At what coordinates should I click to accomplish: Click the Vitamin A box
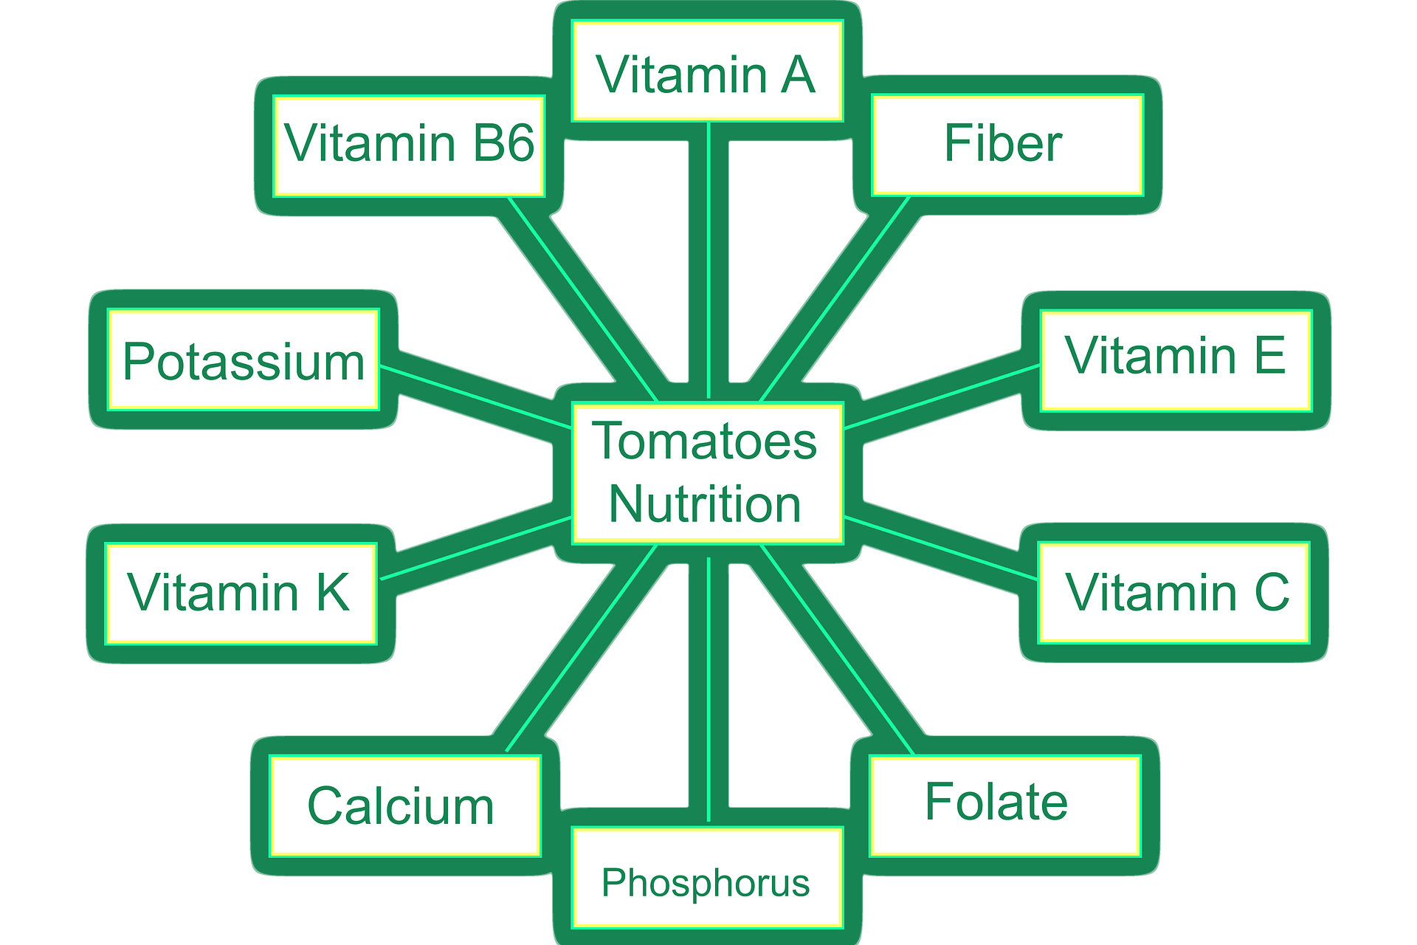coord(706,72)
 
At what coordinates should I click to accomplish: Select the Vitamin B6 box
coord(409,145)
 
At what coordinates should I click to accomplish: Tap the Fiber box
coord(1007,145)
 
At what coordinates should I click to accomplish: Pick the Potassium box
coord(244,360)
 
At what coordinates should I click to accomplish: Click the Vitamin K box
coord(241,594)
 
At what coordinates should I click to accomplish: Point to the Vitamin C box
coord(1173,592)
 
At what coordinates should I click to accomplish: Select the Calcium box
coord(404,806)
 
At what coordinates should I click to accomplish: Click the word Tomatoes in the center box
coord(705,441)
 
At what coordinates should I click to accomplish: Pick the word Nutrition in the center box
coord(705,505)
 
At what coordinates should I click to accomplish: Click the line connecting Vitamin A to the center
coord(708,258)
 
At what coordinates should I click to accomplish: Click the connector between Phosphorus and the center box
coord(708,687)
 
